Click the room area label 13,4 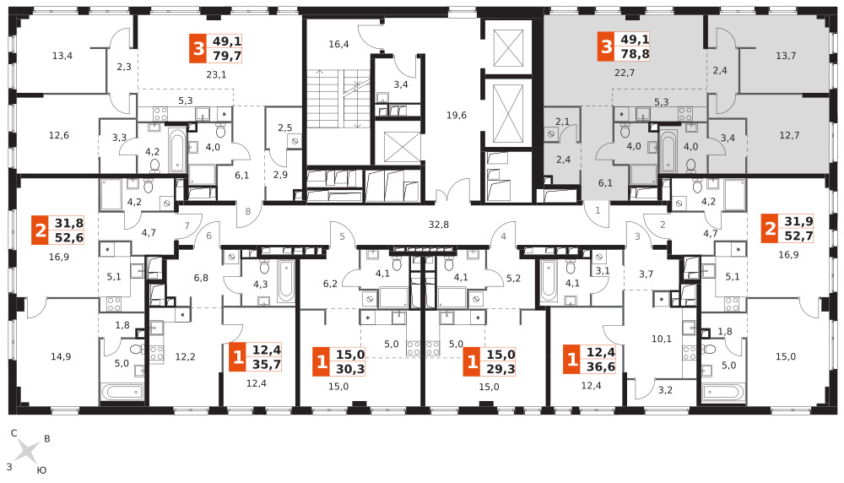click(x=62, y=56)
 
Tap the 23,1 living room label click(x=216, y=74)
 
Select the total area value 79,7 click(x=227, y=56)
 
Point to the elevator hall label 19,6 click(x=457, y=115)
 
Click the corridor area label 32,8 click(x=439, y=225)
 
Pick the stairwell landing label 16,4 click(x=338, y=44)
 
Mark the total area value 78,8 click(x=636, y=54)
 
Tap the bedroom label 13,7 click(x=786, y=56)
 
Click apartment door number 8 click(x=248, y=211)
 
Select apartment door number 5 click(x=342, y=236)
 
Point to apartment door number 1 click(x=598, y=210)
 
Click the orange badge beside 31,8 click(x=41, y=231)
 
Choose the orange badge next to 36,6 click(x=572, y=360)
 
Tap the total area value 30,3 click(x=350, y=369)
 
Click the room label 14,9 click(x=61, y=356)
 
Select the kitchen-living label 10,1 click(x=662, y=339)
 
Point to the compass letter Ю click(x=41, y=470)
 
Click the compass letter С click(x=14, y=433)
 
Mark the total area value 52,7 click(x=798, y=236)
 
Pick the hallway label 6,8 click(x=201, y=278)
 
